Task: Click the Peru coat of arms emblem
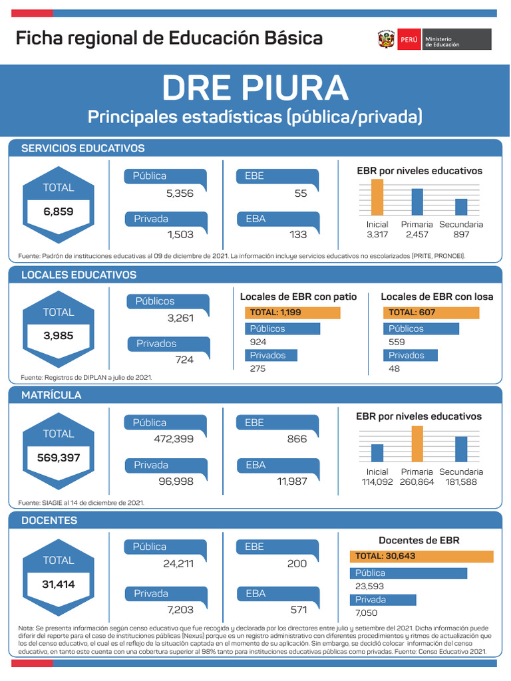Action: click(x=387, y=39)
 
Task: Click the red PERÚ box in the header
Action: click(x=409, y=39)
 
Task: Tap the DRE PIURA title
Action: click(x=255, y=87)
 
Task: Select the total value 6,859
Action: click(x=59, y=211)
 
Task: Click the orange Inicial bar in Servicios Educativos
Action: click(x=377, y=197)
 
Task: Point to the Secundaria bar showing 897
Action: click(x=461, y=206)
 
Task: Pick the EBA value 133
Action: click(x=298, y=234)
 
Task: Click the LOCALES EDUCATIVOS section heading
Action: click(x=79, y=275)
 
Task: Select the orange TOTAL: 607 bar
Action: click(x=431, y=313)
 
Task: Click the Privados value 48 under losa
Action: click(x=395, y=368)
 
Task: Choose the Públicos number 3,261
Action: click(x=180, y=318)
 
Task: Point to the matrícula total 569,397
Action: click(x=58, y=458)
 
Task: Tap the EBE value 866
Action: click(x=297, y=439)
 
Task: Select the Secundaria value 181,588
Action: click(x=461, y=481)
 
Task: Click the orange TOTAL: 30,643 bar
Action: click(x=421, y=556)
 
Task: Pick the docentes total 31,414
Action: click(x=58, y=585)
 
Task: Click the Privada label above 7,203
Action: click(x=152, y=593)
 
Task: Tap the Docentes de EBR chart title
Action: click(x=419, y=540)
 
